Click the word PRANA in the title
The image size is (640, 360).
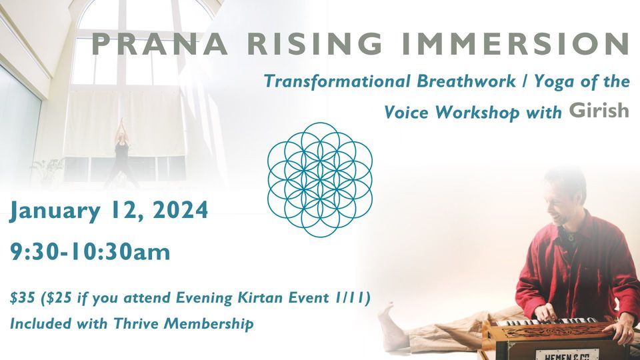click(160, 44)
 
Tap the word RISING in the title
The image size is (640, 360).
click(315, 44)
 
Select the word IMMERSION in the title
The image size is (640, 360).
click(515, 44)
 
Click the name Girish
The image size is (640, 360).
click(599, 109)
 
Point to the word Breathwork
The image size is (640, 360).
click(466, 81)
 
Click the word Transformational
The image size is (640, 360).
click(337, 81)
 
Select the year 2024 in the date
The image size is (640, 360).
click(181, 210)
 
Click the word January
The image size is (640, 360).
click(55, 211)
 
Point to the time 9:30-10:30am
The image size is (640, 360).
click(90, 252)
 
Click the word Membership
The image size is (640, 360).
click(208, 324)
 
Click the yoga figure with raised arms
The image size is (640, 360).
click(121, 153)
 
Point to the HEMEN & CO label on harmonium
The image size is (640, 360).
click(567, 355)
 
